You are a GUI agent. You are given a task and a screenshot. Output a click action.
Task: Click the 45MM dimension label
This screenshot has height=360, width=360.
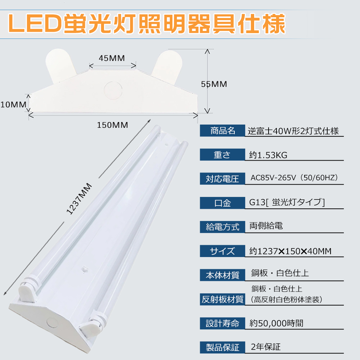tap(112, 58)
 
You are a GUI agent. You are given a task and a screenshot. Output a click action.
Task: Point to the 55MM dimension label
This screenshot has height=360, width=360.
tap(214, 84)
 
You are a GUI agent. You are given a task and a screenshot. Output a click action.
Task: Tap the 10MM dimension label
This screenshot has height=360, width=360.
tap(13, 104)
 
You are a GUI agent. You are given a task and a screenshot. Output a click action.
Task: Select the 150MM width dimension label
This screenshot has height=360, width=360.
tap(112, 125)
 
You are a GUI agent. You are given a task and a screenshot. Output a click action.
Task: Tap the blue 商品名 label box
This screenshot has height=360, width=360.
tap(222, 131)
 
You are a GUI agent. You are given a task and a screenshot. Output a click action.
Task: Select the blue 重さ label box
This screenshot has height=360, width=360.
tap(222, 155)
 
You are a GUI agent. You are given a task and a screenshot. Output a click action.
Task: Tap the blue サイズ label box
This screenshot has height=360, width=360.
tap(222, 251)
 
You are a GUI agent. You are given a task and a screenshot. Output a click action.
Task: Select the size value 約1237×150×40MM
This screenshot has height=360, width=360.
tap(290, 251)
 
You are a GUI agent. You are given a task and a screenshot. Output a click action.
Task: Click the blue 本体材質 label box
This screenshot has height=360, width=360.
tap(222, 275)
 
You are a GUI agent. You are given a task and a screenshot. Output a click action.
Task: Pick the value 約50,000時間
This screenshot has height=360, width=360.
tap(276, 323)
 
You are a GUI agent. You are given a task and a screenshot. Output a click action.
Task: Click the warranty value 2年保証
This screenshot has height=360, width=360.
tap(265, 347)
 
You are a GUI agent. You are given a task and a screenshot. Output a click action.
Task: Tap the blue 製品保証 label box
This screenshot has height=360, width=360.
tap(222, 347)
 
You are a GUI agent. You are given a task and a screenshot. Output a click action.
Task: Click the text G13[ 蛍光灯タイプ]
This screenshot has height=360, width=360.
tap(287, 203)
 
